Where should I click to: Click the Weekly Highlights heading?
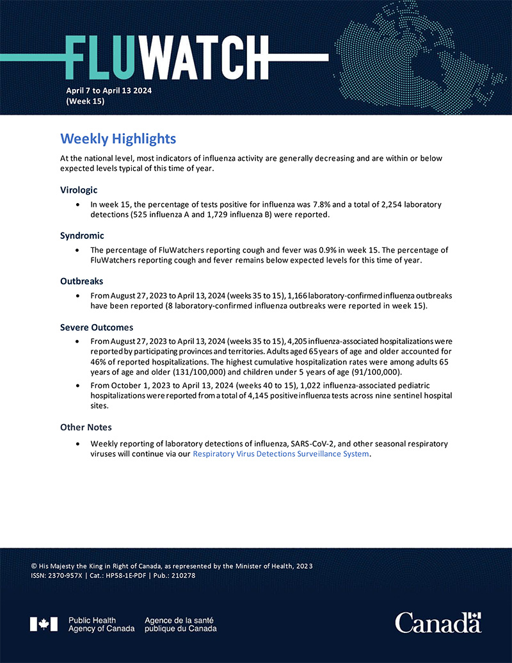[x=118, y=138]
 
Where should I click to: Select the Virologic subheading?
[x=80, y=190]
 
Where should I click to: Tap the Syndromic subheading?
[x=82, y=236]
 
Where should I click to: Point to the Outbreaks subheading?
[x=82, y=281]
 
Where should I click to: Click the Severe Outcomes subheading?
[x=97, y=327]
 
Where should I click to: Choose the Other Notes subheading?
[x=86, y=427]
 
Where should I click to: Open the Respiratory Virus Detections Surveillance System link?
[x=281, y=454]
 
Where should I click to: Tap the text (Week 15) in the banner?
[x=85, y=101]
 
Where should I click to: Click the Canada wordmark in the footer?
[x=438, y=622]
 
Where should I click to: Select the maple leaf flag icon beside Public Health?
[x=44, y=624]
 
